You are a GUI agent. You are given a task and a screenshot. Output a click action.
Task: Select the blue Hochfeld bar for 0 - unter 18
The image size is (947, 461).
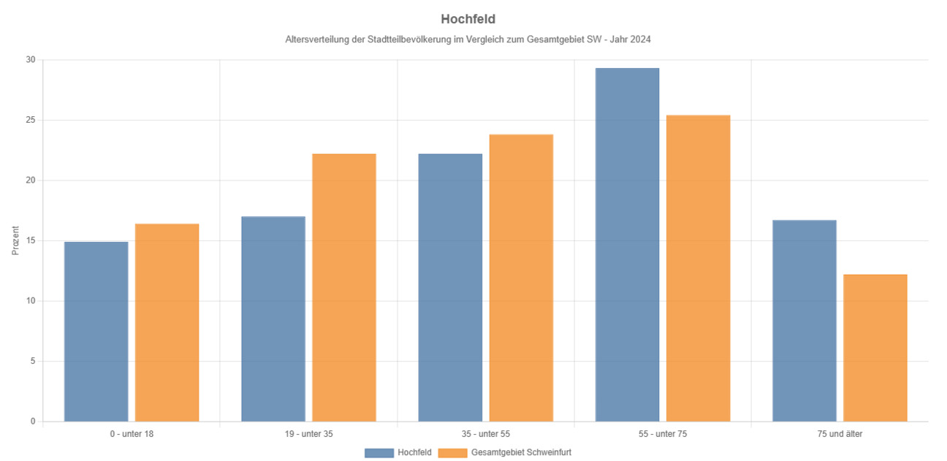click(96, 332)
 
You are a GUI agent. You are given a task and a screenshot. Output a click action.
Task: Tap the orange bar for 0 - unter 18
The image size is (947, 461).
click(167, 323)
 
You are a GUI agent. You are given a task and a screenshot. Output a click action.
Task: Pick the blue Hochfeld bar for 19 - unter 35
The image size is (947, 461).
click(273, 319)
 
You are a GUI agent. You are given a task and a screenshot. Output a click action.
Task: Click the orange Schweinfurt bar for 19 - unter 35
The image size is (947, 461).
click(343, 288)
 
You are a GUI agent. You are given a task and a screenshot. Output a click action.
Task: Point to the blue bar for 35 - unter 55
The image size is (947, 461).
click(450, 288)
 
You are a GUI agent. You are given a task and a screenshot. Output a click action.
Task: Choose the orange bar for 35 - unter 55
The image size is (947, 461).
click(521, 278)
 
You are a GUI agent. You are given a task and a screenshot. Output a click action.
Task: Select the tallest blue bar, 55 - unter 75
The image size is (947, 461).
click(627, 245)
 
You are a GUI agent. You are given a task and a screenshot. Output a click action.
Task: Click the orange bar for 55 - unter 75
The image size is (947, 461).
click(698, 268)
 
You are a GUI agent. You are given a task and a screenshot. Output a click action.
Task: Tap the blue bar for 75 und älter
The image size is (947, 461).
click(804, 321)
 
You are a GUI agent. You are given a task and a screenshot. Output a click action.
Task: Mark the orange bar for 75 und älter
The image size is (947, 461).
click(875, 348)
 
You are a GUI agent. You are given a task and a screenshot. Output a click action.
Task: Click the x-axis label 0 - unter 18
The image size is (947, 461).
click(132, 434)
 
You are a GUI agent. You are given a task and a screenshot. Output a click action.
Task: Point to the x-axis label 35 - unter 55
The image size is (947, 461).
click(485, 434)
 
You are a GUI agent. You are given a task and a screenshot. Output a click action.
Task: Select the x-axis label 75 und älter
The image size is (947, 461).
click(840, 434)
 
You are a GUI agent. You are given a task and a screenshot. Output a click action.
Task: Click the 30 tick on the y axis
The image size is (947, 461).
click(31, 60)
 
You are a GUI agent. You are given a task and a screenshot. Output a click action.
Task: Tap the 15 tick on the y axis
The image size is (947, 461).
click(31, 240)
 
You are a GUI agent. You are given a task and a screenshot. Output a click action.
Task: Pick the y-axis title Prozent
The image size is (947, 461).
click(15, 240)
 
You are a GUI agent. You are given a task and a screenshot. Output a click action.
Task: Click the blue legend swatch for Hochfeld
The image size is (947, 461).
click(379, 453)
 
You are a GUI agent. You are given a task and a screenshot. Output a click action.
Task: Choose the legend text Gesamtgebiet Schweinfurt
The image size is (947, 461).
click(521, 453)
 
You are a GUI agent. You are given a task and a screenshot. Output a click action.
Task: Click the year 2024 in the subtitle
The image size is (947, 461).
click(641, 39)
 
